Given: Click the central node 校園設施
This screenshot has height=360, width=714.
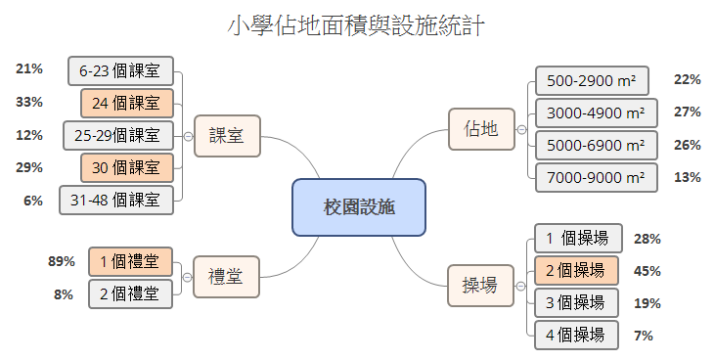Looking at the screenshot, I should (359, 207).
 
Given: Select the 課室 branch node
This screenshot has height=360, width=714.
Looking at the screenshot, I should (227, 136).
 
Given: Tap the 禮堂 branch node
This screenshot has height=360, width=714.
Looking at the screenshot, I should (226, 277).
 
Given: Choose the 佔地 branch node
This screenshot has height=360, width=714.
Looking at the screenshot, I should (481, 129).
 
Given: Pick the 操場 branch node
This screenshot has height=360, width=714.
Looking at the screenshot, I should (480, 285).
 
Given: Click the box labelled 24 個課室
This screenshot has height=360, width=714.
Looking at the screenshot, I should (126, 103).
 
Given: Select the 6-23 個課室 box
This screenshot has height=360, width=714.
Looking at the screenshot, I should (120, 70).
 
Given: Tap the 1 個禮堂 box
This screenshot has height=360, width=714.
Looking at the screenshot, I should (130, 261).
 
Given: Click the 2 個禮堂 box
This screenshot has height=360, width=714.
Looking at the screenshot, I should (130, 292).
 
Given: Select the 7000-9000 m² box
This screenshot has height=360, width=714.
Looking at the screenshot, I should (597, 177).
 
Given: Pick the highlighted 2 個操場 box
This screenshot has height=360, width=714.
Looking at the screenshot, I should (577, 270).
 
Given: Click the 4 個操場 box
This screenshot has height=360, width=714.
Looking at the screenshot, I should (577, 336).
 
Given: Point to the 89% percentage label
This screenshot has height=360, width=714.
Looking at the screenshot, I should (62, 261).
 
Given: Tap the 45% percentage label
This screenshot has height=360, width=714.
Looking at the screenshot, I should (647, 271).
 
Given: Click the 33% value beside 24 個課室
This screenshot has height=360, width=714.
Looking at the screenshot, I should (29, 102).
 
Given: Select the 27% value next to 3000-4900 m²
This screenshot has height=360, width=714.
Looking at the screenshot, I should (688, 112).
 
